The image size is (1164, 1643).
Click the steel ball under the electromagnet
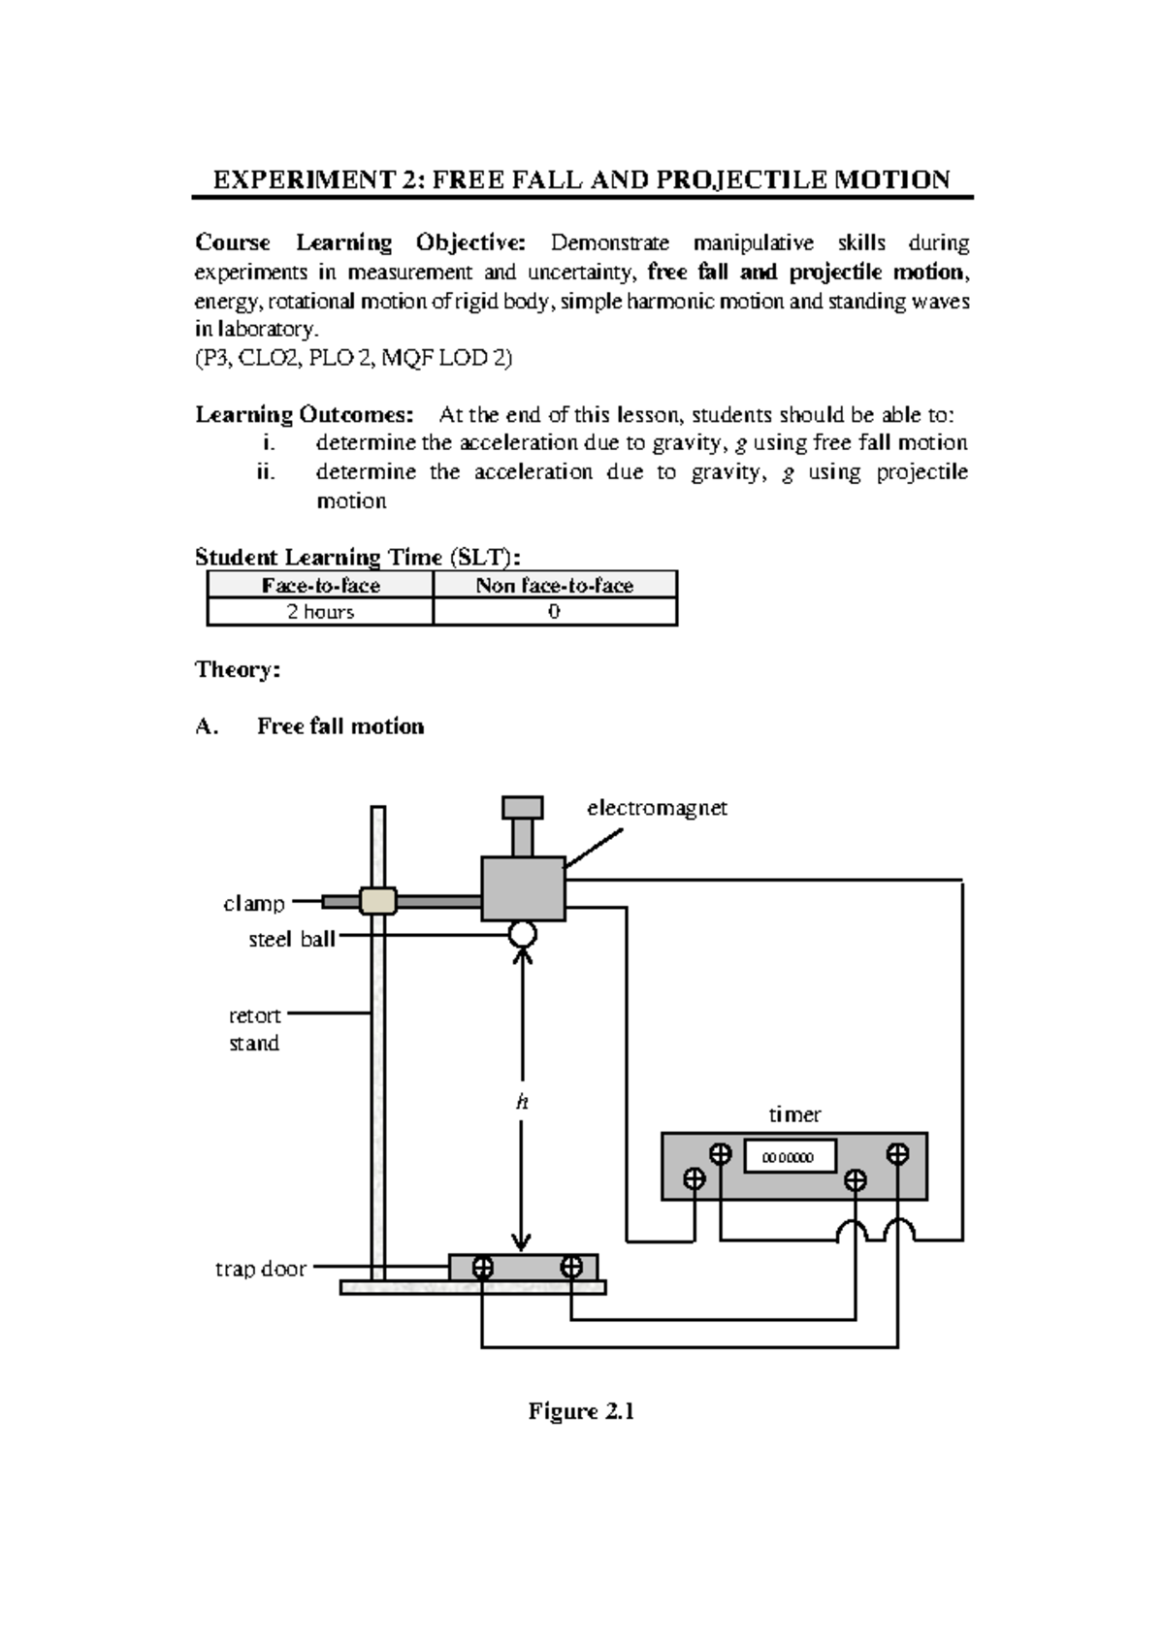click(x=522, y=934)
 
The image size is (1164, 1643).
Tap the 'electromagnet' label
click(x=657, y=808)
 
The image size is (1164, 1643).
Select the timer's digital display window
click(x=790, y=1156)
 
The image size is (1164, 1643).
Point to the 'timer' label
click(x=794, y=1114)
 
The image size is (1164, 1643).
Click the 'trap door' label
click(x=260, y=1269)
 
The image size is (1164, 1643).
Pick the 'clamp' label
click(x=254, y=903)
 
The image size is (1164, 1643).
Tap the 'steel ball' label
click(x=291, y=939)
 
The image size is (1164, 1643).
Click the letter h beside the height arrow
click(x=522, y=1102)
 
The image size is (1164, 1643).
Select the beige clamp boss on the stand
click(x=377, y=901)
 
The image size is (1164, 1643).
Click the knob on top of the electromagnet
click(x=522, y=808)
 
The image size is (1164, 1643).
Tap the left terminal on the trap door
click(x=482, y=1267)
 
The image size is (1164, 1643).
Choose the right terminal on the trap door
click(x=571, y=1267)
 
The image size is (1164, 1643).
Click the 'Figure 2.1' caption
click(x=581, y=1411)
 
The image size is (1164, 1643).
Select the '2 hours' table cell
click(x=320, y=612)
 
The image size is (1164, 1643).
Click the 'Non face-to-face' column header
click(x=554, y=585)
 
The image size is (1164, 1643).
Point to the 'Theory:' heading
click(x=238, y=669)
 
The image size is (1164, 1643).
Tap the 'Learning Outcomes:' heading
click(x=304, y=415)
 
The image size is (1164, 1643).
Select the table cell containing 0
click(x=554, y=612)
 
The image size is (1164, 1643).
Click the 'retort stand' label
click(x=254, y=1029)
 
